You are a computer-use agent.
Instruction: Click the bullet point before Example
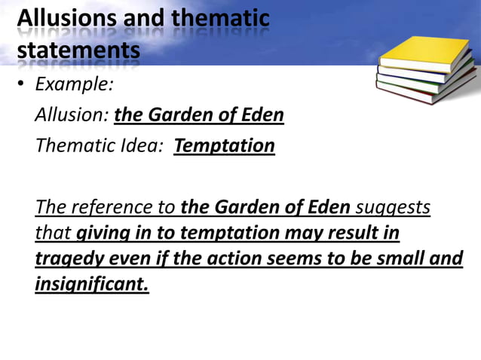(x=22, y=84)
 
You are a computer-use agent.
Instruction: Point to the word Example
(x=75, y=84)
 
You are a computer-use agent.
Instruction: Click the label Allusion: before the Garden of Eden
(x=72, y=115)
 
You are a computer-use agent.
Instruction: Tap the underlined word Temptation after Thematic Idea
(x=224, y=145)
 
